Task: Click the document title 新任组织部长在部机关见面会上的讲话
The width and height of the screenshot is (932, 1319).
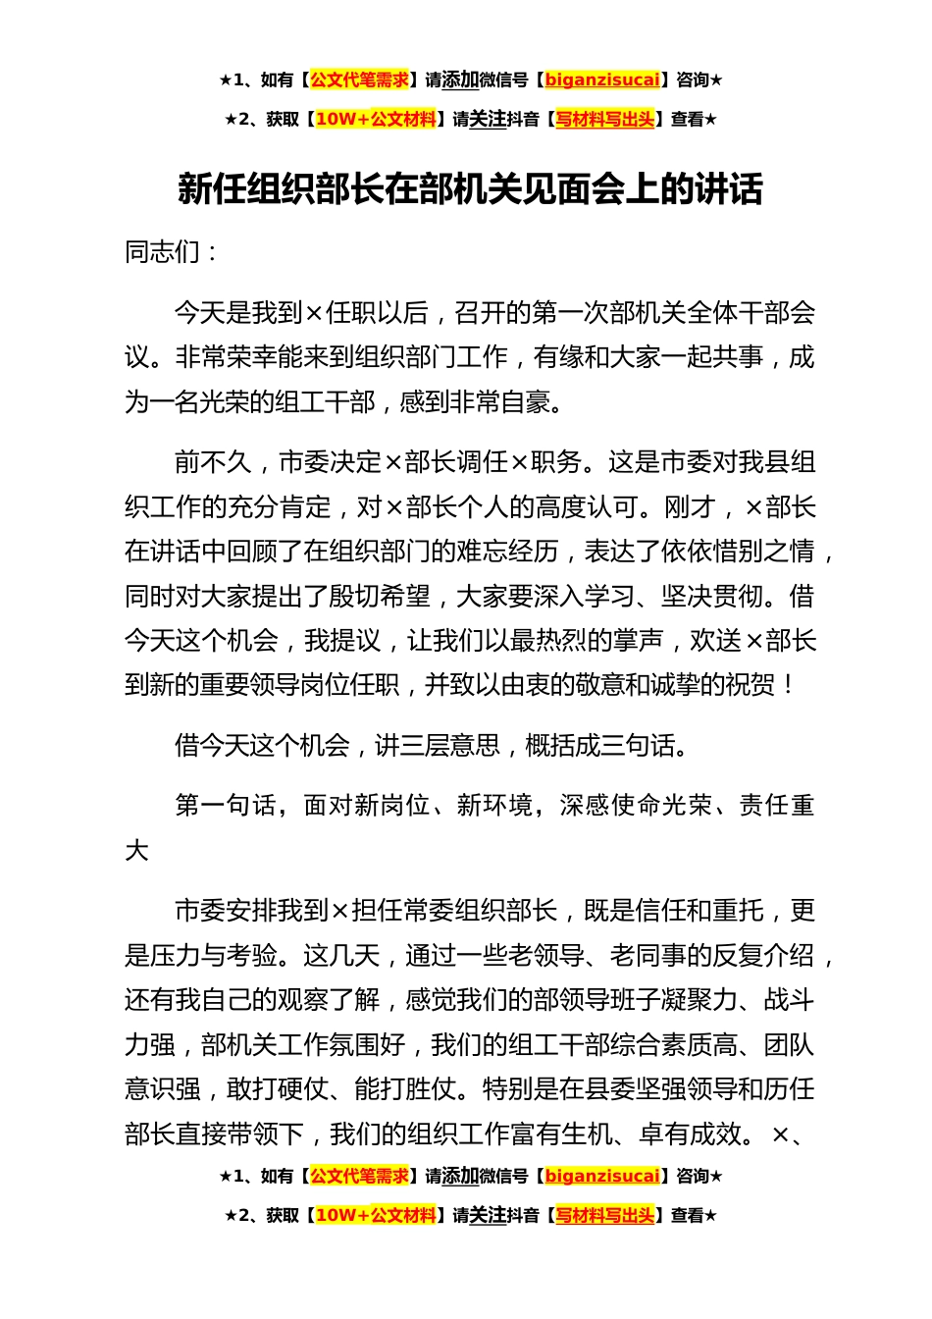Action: pos(470,188)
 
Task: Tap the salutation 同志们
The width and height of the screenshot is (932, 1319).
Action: pos(163,252)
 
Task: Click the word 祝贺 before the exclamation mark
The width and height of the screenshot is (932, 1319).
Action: pos(751,685)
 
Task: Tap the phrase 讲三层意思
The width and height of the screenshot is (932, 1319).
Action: pos(437,746)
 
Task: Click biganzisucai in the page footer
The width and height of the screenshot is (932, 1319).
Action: pos(601,1176)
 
